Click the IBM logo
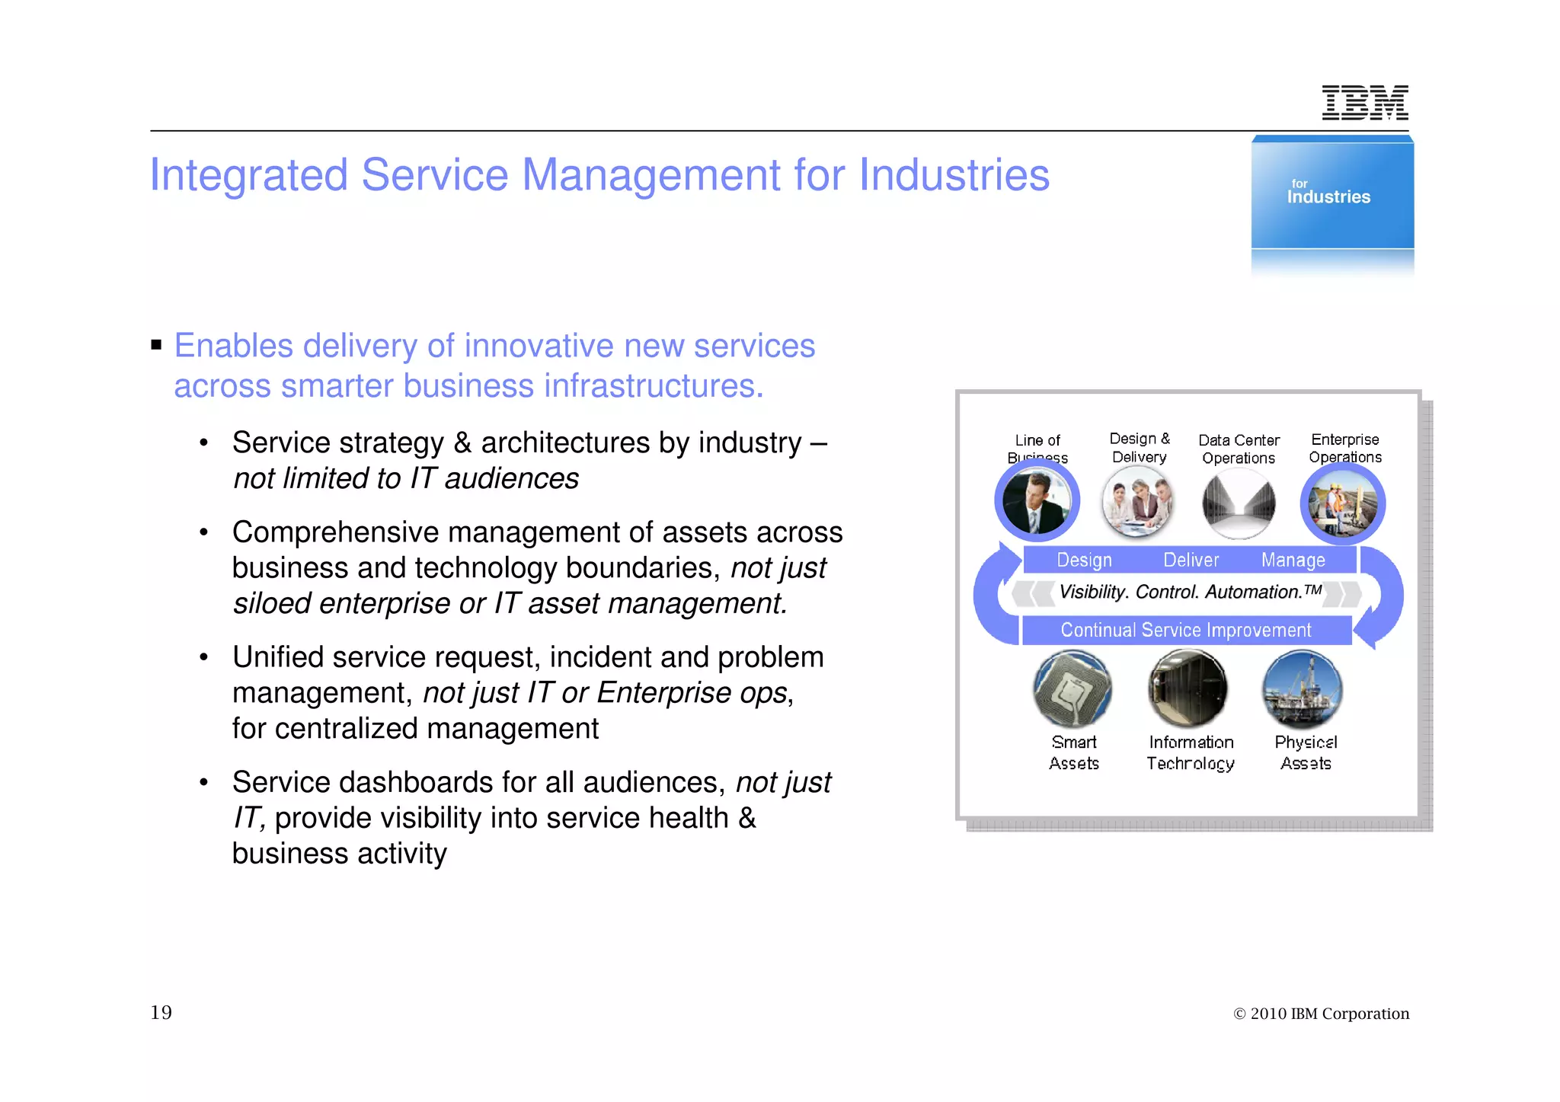pyautogui.click(x=1364, y=103)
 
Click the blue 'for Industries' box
pyautogui.click(x=1332, y=194)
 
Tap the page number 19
pyautogui.click(x=161, y=1012)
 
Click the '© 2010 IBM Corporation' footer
pyautogui.click(x=1321, y=1014)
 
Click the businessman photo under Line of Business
pyautogui.click(x=1037, y=502)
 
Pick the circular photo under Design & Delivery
pyautogui.click(x=1139, y=502)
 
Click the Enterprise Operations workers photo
pyautogui.click(x=1342, y=503)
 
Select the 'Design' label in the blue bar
pyautogui.click(x=1084, y=560)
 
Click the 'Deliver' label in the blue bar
pyautogui.click(x=1191, y=560)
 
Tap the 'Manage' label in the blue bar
pyautogui.click(x=1293, y=560)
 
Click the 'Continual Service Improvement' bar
pyautogui.click(x=1185, y=630)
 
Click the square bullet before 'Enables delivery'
pyautogui.click(x=157, y=345)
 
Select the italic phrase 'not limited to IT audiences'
pyautogui.click(x=405, y=479)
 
